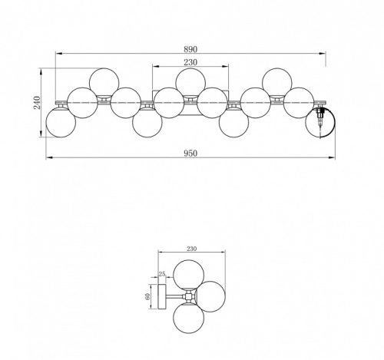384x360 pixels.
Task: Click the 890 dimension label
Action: click(x=190, y=49)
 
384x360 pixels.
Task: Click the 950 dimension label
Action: click(x=190, y=153)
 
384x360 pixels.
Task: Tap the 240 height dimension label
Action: click(x=38, y=102)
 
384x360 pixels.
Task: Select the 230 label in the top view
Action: click(x=190, y=62)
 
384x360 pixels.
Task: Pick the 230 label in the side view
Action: click(x=191, y=249)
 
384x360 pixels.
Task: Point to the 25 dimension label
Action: click(x=162, y=274)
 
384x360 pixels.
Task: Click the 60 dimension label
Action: click(x=147, y=296)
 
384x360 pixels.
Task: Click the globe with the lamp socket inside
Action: click(x=320, y=123)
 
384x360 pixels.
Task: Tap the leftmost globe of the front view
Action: click(x=61, y=123)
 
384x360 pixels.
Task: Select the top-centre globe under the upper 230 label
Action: click(x=190, y=82)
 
